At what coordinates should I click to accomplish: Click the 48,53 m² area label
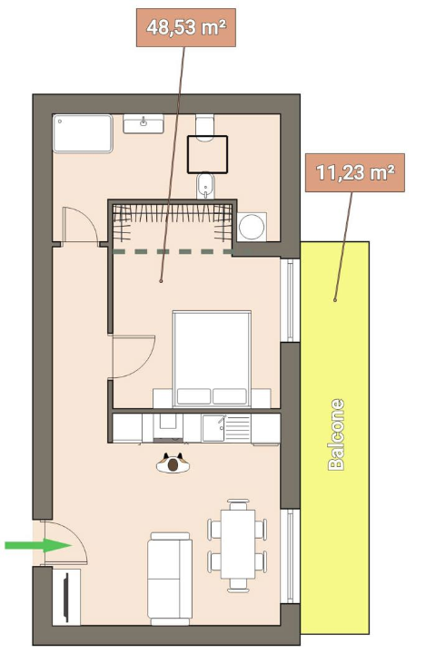click(x=186, y=27)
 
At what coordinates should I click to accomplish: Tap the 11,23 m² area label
click(x=355, y=172)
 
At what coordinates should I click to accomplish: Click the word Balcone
click(x=336, y=434)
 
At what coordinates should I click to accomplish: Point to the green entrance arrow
click(x=38, y=545)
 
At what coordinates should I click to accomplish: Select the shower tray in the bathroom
click(x=83, y=133)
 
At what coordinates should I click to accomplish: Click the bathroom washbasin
click(x=144, y=123)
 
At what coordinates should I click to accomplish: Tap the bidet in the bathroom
click(x=205, y=186)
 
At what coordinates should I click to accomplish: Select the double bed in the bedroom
click(x=212, y=358)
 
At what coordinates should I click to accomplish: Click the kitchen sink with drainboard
click(x=226, y=428)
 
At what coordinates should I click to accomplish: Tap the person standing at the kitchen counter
click(x=173, y=463)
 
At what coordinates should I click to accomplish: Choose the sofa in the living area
click(x=169, y=579)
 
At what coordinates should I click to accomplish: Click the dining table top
click(x=238, y=543)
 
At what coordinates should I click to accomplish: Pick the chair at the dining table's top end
click(x=238, y=504)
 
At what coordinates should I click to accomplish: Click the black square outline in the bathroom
click(x=207, y=154)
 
